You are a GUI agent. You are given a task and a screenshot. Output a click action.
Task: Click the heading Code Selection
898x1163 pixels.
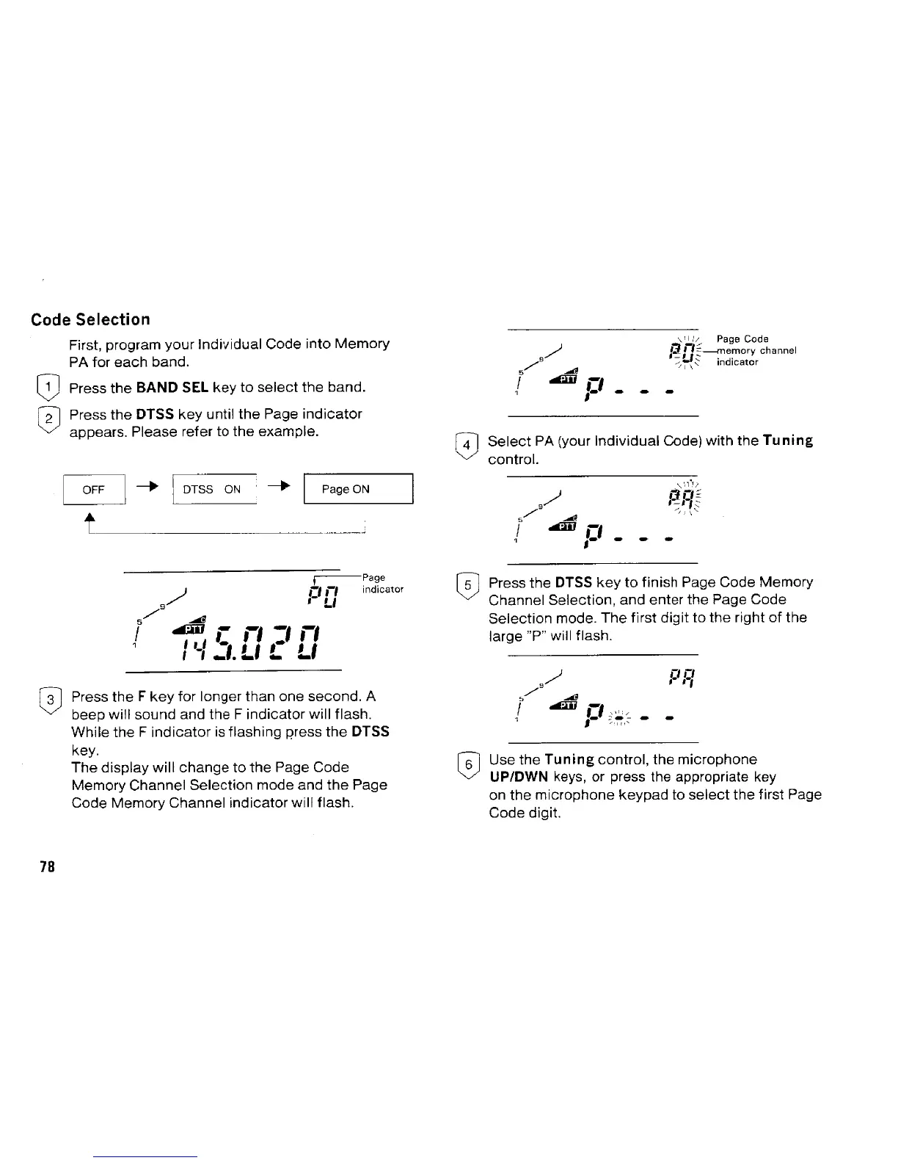click(x=90, y=319)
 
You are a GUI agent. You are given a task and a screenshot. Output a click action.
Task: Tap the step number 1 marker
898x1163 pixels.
click(x=43, y=387)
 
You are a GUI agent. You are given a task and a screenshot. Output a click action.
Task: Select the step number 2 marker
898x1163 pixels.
click(x=43, y=416)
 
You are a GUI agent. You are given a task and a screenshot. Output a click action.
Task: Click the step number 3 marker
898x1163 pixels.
click(x=45, y=698)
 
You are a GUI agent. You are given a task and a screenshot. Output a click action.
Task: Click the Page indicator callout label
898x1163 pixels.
click(x=382, y=584)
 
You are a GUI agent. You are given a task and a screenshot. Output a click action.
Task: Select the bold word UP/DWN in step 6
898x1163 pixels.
click(x=519, y=777)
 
